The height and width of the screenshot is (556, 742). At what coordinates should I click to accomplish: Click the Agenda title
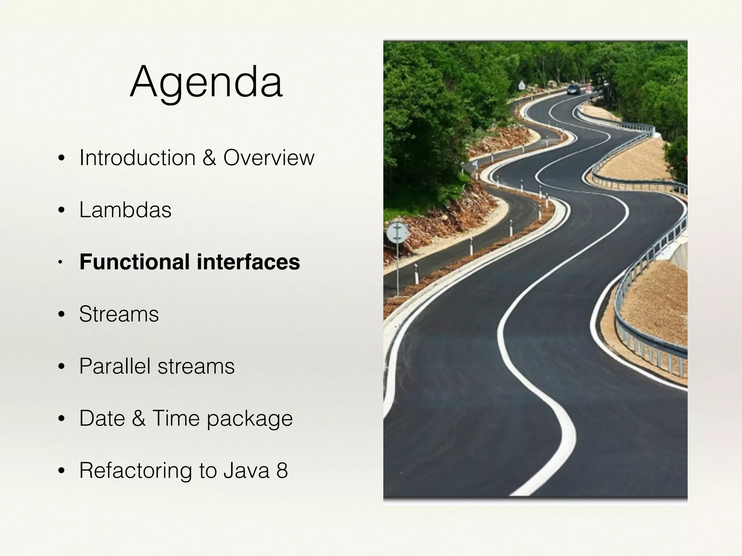pyautogui.click(x=206, y=82)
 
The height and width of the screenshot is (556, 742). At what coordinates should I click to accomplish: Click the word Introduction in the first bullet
pyautogui.click(x=137, y=158)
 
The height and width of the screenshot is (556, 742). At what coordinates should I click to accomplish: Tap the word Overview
pyautogui.click(x=269, y=158)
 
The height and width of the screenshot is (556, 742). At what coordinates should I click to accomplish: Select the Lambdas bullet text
pyautogui.click(x=125, y=210)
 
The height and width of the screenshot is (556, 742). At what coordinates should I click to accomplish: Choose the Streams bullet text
pyautogui.click(x=119, y=314)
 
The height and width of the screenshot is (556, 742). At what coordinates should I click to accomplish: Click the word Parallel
pyautogui.click(x=115, y=366)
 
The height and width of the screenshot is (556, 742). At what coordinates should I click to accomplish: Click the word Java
pyautogui.click(x=246, y=471)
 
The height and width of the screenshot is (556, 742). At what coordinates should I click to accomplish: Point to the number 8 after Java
pyautogui.click(x=282, y=471)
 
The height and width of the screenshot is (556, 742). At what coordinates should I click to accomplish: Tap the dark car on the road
pyautogui.click(x=574, y=89)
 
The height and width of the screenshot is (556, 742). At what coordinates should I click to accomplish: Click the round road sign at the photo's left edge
pyautogui.click(x=397, y=233)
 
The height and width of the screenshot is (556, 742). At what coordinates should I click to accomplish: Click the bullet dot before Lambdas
pyautogui.click(x=61, y=210)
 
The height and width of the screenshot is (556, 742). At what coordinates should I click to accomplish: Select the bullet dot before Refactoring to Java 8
pyautogui.click(x=61, y=471)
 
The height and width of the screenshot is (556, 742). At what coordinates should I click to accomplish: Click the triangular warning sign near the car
pyautogui.click(x=521, y=85)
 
